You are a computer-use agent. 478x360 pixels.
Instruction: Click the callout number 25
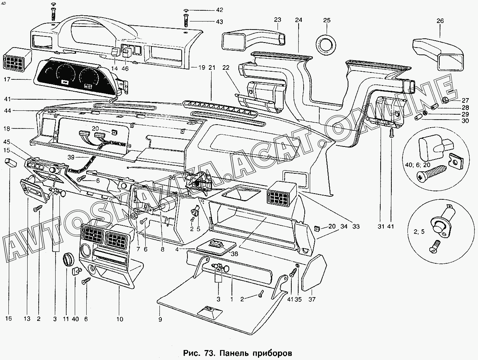tap(327, 20)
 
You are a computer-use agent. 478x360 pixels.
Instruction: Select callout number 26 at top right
tap(440, 21)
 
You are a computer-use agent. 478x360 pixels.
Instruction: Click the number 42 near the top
tap(219, 10)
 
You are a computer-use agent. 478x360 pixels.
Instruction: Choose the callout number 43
tap(219, 22)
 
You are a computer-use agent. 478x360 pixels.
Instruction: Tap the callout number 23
tap(278, 20)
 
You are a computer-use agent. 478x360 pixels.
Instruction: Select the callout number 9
tap(161, 319)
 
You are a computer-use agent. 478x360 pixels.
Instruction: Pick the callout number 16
tap(9, 319)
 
